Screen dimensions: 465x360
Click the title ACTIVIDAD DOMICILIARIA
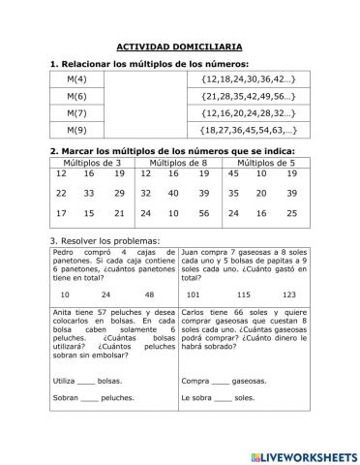point(179,46)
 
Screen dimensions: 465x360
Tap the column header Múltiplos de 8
point(179,162)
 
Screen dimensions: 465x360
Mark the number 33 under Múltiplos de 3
point(90,194)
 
